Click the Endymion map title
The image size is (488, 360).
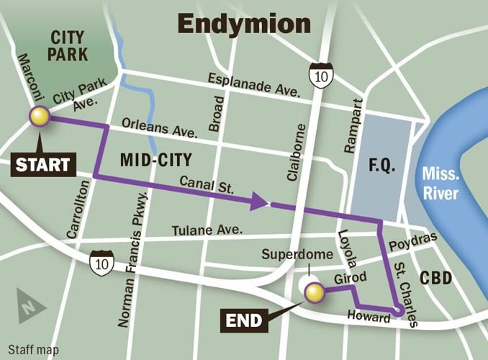click(x=244, y=24)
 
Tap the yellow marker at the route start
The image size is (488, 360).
click(x=38, y=117)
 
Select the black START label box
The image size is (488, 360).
click(x=44, y=164)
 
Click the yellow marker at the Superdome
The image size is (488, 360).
click(x=314, y=292)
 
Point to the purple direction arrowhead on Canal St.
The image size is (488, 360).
click(x=260, y=203)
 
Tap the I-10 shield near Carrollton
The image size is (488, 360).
click(x=100, y=264)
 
